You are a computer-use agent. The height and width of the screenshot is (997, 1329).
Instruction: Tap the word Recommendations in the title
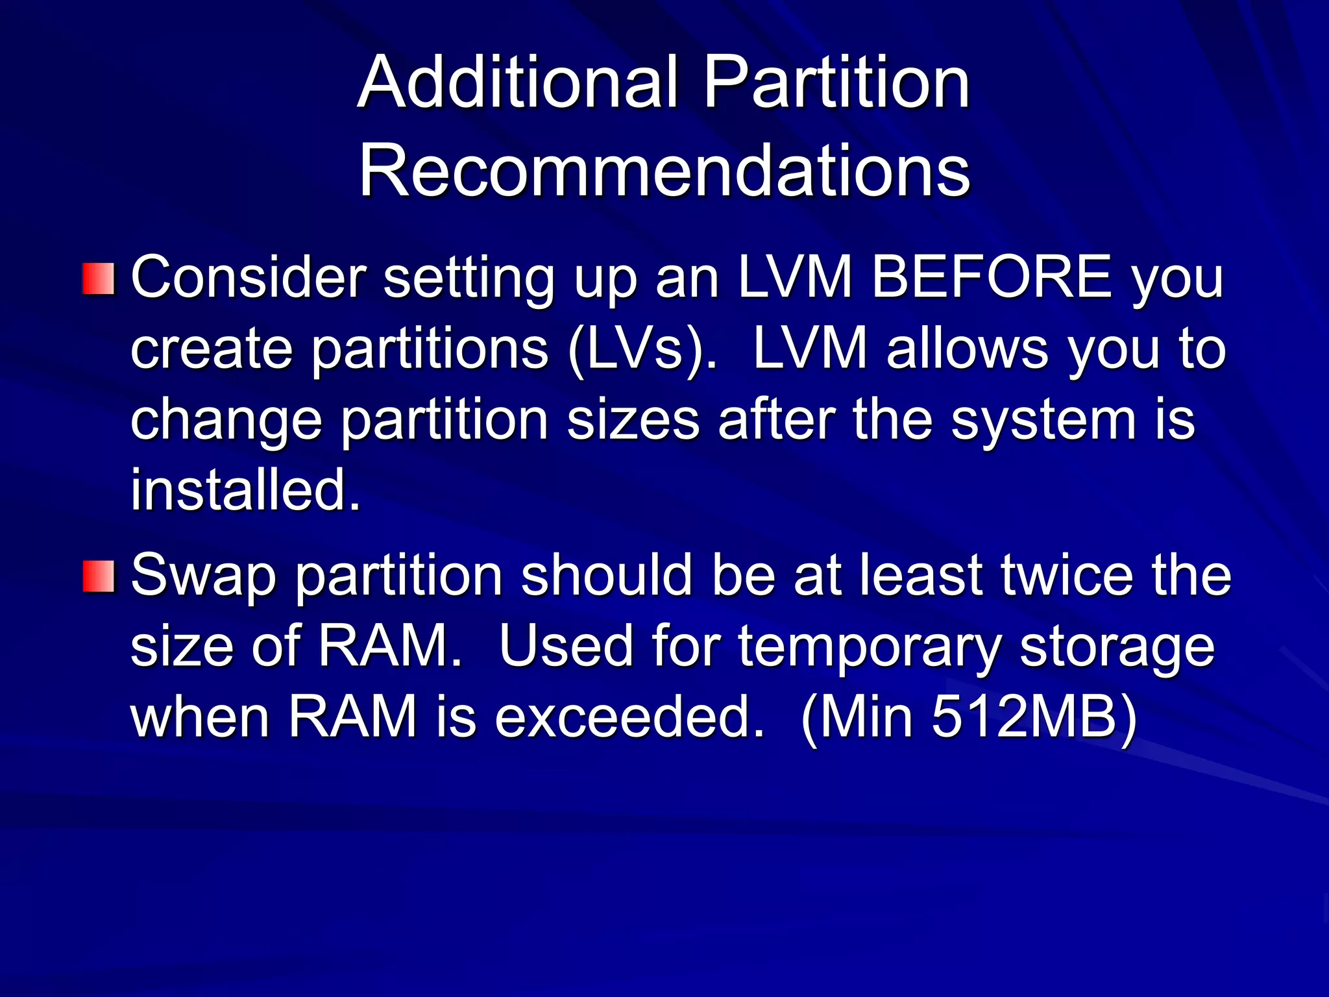664,171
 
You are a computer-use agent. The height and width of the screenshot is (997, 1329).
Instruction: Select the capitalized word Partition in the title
836,83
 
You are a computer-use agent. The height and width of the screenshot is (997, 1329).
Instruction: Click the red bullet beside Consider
99,279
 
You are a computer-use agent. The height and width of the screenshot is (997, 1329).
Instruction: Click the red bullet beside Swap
99,577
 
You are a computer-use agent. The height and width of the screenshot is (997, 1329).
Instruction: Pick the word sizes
633,420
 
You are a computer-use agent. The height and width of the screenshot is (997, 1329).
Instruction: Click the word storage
1116,648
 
